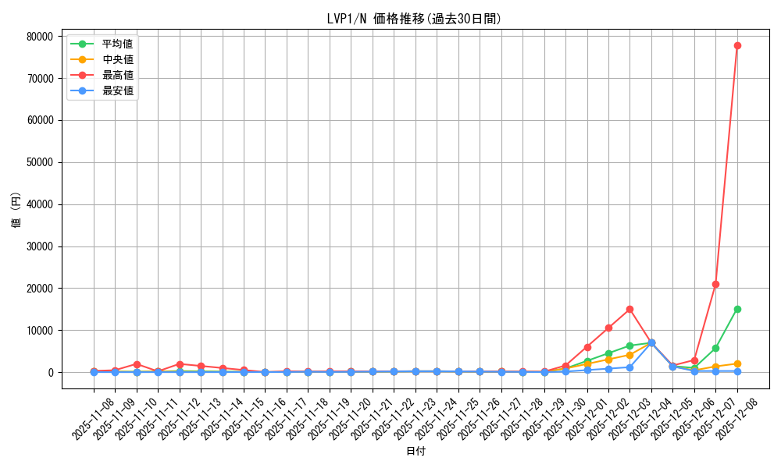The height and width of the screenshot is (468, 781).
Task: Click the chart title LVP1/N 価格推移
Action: point(414,19)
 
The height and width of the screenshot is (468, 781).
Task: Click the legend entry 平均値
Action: point(117,44)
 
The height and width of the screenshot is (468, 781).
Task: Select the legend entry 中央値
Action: point(117,59)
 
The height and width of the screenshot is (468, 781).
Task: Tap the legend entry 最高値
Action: point(117,75)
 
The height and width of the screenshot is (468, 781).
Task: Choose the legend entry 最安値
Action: point(117,90)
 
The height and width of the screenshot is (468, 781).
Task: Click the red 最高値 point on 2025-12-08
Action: point(737,45)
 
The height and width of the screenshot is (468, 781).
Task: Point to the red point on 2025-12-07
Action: point(715,284)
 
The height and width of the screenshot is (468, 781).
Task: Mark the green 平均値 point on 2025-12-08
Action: point(737,309)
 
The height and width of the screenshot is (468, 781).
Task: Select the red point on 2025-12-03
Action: point(629,309)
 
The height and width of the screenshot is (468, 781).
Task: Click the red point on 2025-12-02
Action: point(608,328)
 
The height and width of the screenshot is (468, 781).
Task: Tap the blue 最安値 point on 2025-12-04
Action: point(651,342)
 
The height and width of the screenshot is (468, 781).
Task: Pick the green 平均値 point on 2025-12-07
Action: point(715,348)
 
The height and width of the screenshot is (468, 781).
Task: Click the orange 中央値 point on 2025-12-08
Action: point(737,363)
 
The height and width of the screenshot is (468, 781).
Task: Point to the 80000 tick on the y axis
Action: point(39,36)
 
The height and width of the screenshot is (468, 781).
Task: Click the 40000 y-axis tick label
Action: point(39,204)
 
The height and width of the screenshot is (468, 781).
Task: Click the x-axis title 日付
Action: point(415,451)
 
